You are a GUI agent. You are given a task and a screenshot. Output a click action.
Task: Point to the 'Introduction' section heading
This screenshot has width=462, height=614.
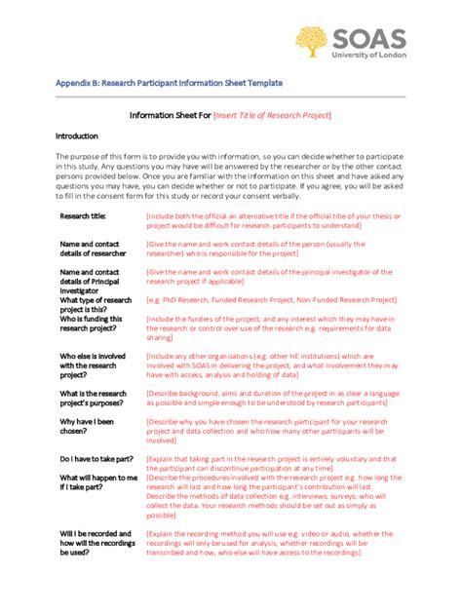[x=77, y=136]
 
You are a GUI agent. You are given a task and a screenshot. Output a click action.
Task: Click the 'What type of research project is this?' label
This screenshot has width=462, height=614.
[x=96, y=305]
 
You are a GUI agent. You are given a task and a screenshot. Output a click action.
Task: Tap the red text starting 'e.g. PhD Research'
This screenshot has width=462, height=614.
[x=271, y=300]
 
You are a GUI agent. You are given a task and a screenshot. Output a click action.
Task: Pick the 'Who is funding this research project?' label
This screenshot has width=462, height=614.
[x=92, y=324]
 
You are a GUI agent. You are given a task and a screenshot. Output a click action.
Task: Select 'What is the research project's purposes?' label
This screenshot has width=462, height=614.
[x=94, y=399]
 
